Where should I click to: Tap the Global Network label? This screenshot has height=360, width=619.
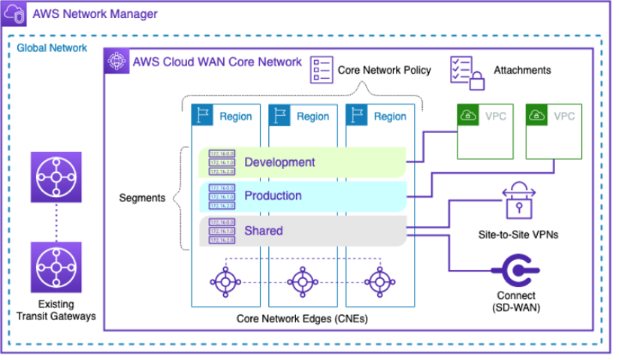pos(52,48)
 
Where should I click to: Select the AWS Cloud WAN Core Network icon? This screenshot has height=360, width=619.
pos(117,61)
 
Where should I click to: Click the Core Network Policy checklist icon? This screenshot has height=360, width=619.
pos(322,70)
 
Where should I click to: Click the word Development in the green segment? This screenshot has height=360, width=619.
pos(279,162)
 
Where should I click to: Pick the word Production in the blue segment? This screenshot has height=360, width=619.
pos(273,196)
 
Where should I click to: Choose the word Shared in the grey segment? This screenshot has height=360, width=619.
pos(264,230)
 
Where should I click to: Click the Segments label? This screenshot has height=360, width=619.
pos(143,198)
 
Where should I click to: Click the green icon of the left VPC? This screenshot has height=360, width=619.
pos(469,116)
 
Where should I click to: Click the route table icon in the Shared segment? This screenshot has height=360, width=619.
pos(222,231)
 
